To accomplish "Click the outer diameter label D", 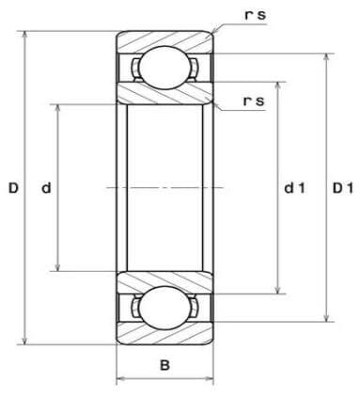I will click(13, 189).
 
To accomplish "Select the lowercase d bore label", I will click(46, 189).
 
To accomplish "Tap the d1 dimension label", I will click(294, 189).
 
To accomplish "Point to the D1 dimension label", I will click(342, 189).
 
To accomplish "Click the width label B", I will click(164, 364).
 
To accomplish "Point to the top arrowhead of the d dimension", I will click(59, 106).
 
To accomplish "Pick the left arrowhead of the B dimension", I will click(119, 380).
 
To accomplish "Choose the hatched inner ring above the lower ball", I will click(164, 280).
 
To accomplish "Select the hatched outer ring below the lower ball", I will click(164, 335).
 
